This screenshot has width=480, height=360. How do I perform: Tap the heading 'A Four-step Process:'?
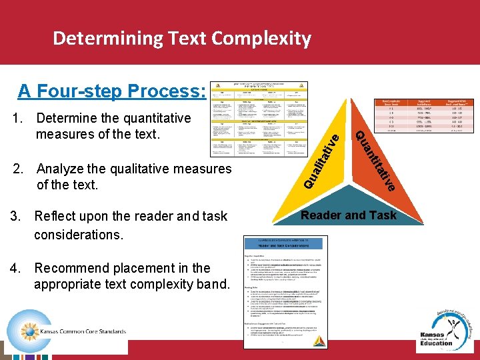[111, 91]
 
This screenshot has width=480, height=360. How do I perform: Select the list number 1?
[18, 119]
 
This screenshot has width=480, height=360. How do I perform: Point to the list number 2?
[18, 169]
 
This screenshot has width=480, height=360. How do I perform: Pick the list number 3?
[15, 216]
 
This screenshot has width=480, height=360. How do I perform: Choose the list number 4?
[15, 268]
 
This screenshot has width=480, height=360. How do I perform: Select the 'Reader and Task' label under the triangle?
[349, 215]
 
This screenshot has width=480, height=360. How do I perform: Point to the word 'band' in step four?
[211, 285]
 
